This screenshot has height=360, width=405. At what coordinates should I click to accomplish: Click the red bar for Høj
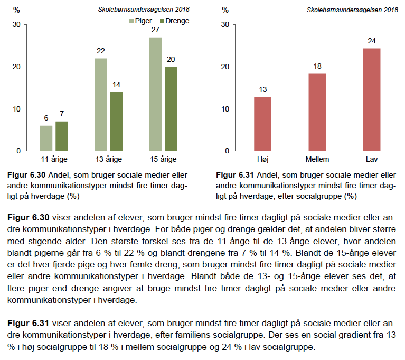tap(263, 124)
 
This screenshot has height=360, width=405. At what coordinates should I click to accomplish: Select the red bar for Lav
tap(372, 100)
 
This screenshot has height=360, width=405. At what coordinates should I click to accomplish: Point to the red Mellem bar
tap(317, 113)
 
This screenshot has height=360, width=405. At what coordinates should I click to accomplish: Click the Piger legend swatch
tap(133, 21)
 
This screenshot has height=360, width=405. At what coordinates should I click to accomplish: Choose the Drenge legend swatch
tap(162, 21)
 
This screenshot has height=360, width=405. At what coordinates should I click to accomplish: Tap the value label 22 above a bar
tap(101, 51)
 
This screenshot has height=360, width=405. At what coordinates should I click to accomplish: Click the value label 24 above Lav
tap(372, 41)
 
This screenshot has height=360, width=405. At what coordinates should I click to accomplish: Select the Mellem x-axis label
tap(317, 159)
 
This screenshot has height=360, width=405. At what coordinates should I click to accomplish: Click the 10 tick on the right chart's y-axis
tap(225, 109)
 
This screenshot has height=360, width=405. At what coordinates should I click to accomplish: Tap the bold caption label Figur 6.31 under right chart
tap(236, 175)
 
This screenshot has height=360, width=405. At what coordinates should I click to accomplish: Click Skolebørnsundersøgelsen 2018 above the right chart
tap(353, 10)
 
